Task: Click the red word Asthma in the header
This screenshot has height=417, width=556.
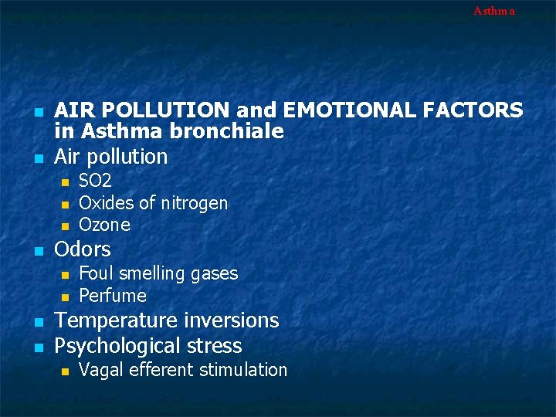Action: pos(493,11)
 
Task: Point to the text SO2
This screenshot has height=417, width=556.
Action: pos(95,181)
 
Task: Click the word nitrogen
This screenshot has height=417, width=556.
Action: pos(194,203)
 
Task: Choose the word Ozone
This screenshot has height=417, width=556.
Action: pos(104,225)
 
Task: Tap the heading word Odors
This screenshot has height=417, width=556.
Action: pos(83,249)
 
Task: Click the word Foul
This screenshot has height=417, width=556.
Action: pos(95,273)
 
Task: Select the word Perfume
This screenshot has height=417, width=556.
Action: pos(113,296)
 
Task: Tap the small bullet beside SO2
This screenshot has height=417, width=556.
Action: pos(66,182)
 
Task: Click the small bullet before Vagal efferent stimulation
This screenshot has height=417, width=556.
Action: pos(66,371)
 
